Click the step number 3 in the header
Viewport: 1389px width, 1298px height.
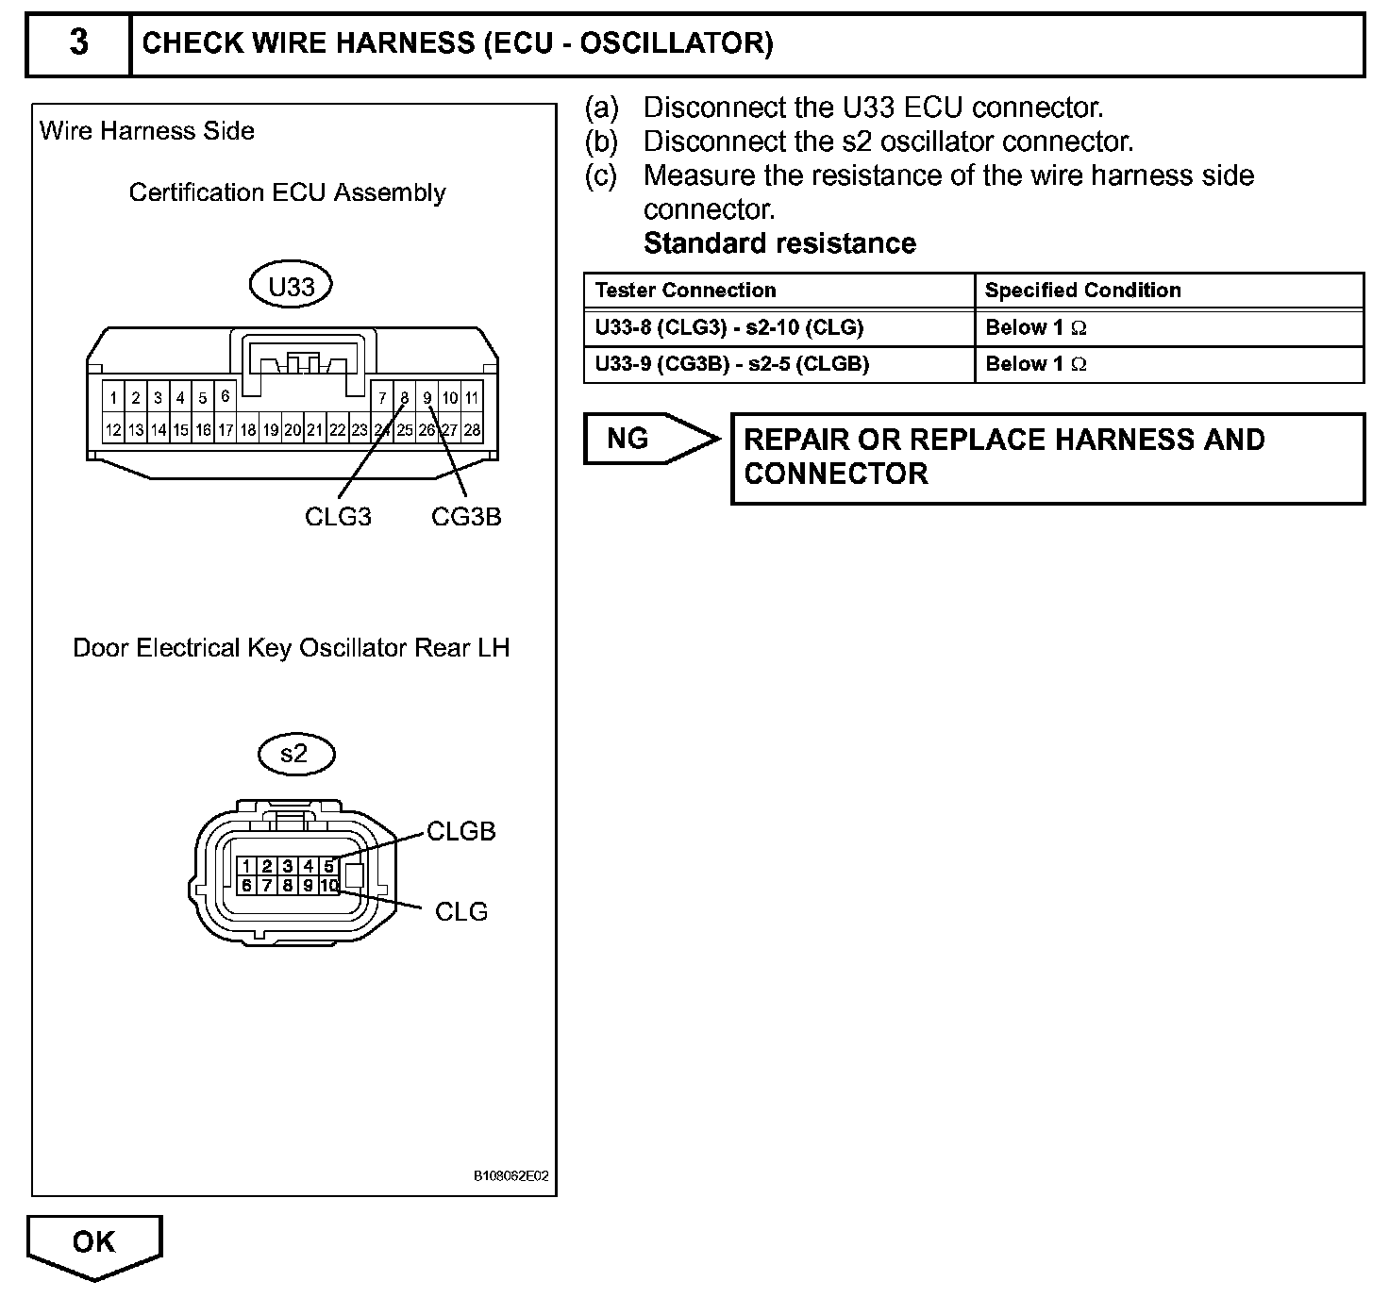[x=79, y=43]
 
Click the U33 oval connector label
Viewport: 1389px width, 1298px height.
[x=291, y=286]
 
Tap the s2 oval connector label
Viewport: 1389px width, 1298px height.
[x=295, y=754]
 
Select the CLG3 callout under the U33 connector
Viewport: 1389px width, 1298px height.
[x=338, y=517]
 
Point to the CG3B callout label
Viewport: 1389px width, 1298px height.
[x=466, y=517]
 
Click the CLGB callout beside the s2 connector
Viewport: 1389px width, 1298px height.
[x=460, y=831]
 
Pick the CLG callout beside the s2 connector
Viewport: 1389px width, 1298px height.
[x=460, y=911]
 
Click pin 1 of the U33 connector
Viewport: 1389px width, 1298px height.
[x=113, y=398]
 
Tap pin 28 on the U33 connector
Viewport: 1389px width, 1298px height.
[x=472, y=430]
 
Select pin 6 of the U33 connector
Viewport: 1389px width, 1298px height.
[x=225, y=397]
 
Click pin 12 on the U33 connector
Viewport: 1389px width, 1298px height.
[x=113, y=430]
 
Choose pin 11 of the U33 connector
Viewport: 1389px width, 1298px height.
[x=472, y=398]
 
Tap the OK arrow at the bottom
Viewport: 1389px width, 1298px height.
[x=94, y=1243]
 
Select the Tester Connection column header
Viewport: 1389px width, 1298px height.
[x=686, y=291]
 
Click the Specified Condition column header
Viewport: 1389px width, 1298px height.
[x=1082, y=291]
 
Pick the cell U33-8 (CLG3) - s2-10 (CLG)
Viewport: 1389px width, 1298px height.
[x=729, y=328]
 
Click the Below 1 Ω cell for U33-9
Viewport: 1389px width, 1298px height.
[x=1035, y=364]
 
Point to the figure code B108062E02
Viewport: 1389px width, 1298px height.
[x=510, y=1176]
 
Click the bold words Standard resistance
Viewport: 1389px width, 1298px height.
[x=779, y=243]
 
